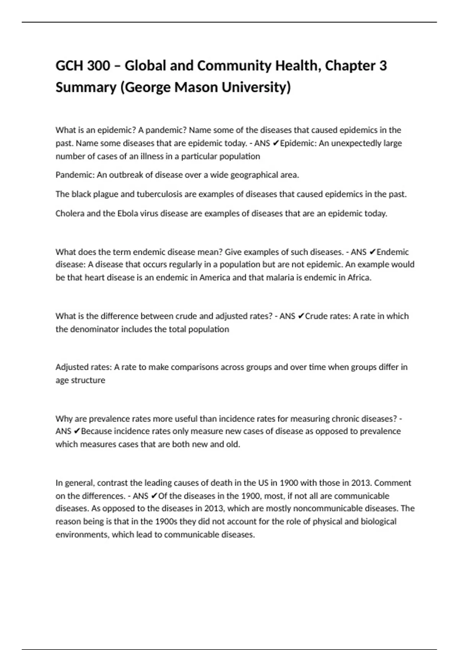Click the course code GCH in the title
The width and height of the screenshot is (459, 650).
[x=69, y=66]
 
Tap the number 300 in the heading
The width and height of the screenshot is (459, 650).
[x=99, y=66]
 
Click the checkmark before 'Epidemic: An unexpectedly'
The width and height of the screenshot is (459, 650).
[x=276, y=143]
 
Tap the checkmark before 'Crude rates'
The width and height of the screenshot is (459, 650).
[x=301, y=316]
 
